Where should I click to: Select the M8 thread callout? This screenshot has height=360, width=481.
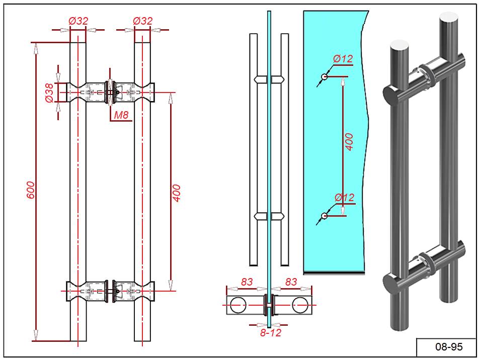point(121,115)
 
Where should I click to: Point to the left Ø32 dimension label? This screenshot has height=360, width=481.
point(78,21)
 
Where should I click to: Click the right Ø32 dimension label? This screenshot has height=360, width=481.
point(142,21)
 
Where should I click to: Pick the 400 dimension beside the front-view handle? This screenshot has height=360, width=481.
point(177,193)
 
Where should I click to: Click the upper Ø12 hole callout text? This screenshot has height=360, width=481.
point(343,59)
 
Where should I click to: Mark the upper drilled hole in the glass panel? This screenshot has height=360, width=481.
point(325,77)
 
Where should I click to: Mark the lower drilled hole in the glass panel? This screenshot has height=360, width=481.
point(325,216)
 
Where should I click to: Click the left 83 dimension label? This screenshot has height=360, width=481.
point(247,282)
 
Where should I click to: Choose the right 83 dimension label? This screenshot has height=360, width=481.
point(291,282)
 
